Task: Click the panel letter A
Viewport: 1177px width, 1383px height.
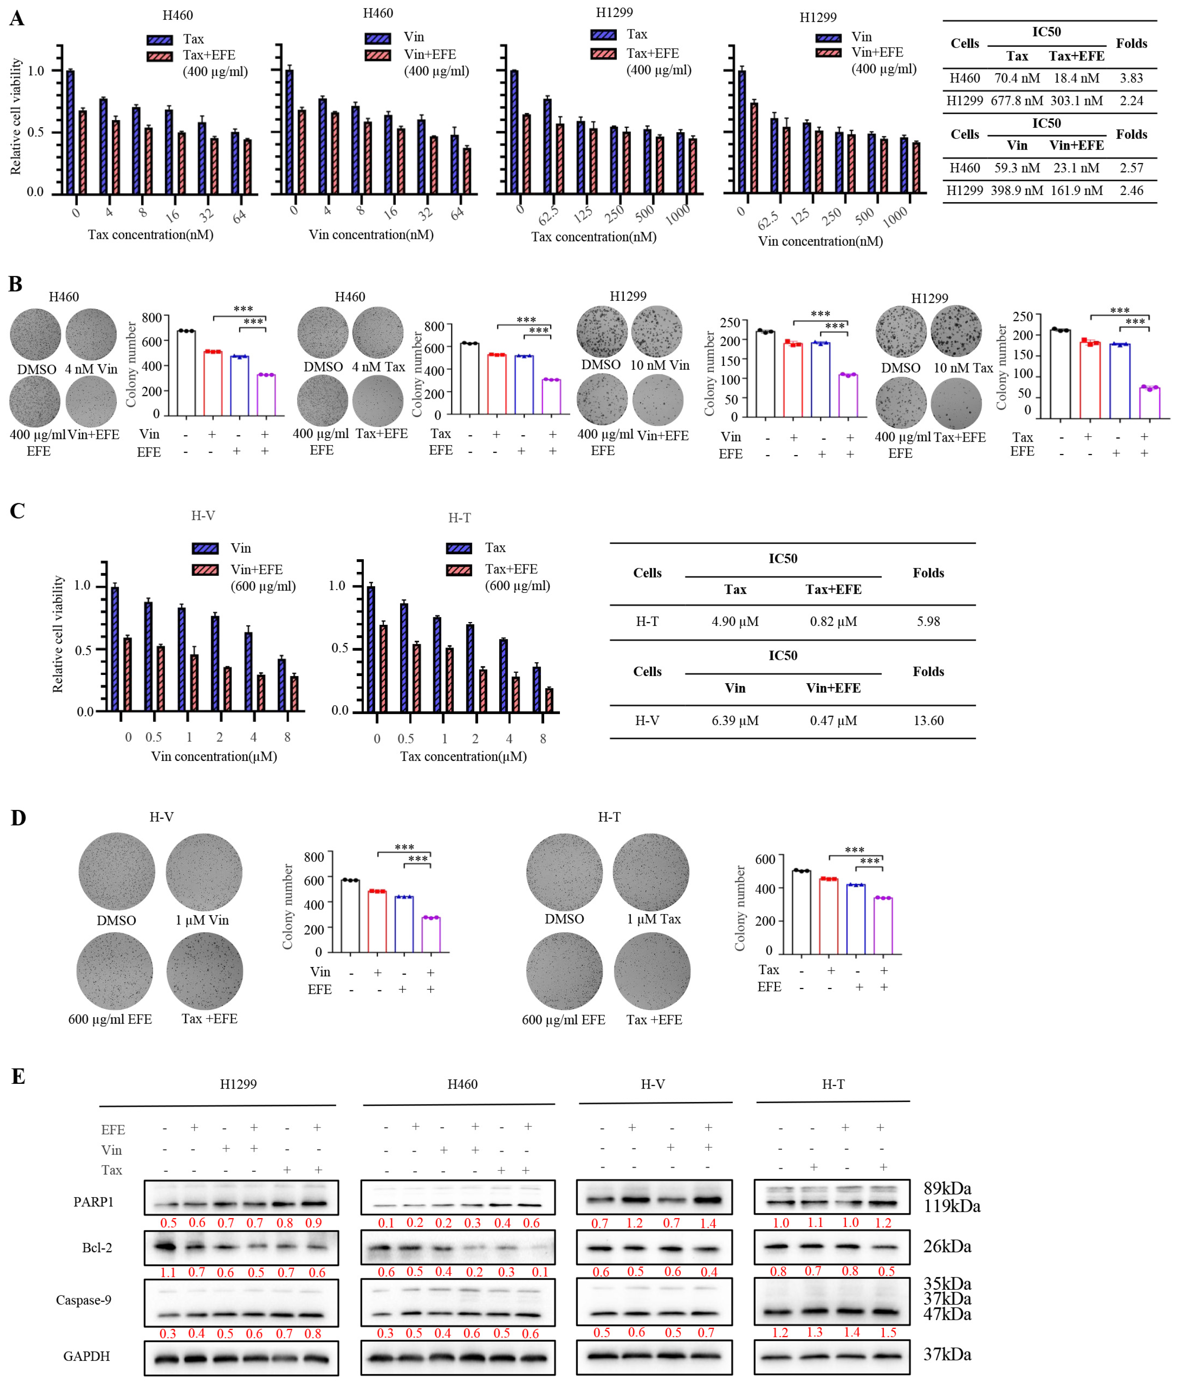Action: coord(17,18)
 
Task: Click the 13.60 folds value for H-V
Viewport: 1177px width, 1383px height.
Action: coord(928,720)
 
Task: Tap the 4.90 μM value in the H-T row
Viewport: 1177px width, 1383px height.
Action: coord(735,621)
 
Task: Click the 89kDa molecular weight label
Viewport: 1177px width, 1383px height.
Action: coord(947,1188)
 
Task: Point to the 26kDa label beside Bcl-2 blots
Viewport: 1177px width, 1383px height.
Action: coord(947,1246)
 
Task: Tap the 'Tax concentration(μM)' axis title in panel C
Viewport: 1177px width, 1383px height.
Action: coord(463,756)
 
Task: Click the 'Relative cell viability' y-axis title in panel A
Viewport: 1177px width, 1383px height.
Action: coord(16,117)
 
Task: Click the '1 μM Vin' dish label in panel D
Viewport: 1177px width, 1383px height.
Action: coord(202,920)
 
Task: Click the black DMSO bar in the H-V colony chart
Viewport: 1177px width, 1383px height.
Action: coord(350,915)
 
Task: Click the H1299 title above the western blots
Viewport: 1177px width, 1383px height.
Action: coord(238,1084)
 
